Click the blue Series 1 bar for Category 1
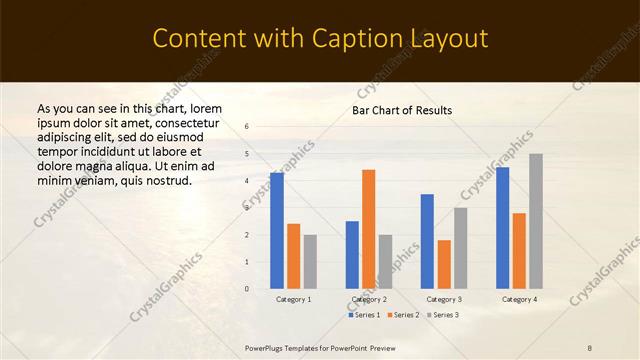click(277, 230)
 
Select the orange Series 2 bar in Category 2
click(369, 229)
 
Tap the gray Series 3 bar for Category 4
click(536, 221)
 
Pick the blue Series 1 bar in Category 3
click(427, 241)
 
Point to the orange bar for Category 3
click(444, 264)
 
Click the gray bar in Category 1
click(310, 261)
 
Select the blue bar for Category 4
click(502, 228)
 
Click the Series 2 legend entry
click(404, 315)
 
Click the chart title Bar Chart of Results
click(402, 110)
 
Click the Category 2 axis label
click(369, 299)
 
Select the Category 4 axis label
click(519, 299)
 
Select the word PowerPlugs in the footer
click(268, 347)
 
